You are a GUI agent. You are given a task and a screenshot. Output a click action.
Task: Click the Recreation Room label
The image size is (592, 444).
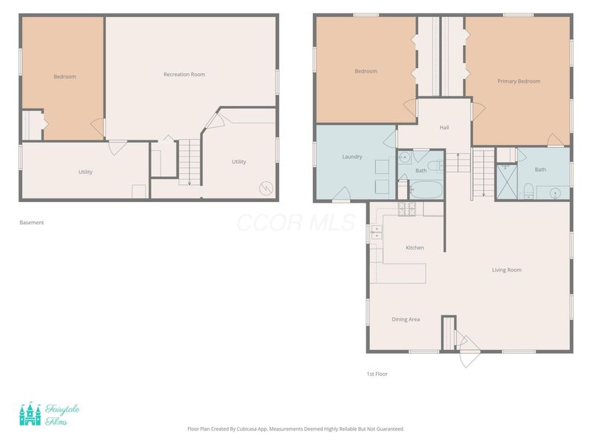pyautogui.click(x=184, y=75)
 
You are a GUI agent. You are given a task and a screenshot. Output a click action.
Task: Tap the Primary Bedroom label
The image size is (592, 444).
pyautogui.click(x=519, y=81)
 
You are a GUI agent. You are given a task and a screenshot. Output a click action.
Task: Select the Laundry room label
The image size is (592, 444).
pyautogui.click(x=352, y=157)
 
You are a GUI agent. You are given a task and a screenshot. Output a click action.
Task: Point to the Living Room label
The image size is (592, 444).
pyautogui.click(x=506, y=270)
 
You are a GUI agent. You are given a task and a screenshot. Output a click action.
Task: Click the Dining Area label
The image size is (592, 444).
pyautogui.click(x=406, y=320)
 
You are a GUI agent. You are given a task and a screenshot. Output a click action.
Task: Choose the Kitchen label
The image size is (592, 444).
pyautogui.click(x=414, y=248)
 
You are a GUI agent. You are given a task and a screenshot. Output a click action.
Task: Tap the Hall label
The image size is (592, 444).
pyautogui.click(x=444, y=127)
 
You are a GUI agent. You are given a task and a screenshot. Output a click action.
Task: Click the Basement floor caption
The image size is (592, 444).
pyautogui.click(x=32, y=223)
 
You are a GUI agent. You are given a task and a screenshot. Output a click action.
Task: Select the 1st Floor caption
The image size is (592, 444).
pyautogui.click(x=377, y=374)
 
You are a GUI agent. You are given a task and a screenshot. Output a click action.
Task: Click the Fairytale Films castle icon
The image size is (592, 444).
pyautogui.click(x=30, y=414)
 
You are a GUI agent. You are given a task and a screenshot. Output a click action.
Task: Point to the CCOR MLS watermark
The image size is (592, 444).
pyautogui.click(x=296, y=223)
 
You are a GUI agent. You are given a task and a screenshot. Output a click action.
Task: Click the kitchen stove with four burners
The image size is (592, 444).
pyautogui.click(x=407, y=209)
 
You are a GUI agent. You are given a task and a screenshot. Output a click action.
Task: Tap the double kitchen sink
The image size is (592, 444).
pyautogui.click(x=377, y=232)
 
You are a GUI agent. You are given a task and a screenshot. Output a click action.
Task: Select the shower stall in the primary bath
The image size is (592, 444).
pyautogui.click(x=506, y=181)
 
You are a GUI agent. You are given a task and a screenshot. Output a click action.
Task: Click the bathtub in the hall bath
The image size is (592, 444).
pyautogui.click(x=425, y=190)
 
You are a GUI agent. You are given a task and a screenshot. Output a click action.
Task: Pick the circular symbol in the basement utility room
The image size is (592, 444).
pyautogui.click(x=266, y=189)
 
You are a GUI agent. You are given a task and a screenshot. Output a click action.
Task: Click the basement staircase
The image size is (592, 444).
pyautogui.click(x=189, y=162)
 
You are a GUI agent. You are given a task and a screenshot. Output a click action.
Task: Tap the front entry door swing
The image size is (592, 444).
pyautogui.click(x=469, y=351)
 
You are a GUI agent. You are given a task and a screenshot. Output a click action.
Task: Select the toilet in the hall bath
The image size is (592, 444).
pyautogui.click(x=439, y=166)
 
